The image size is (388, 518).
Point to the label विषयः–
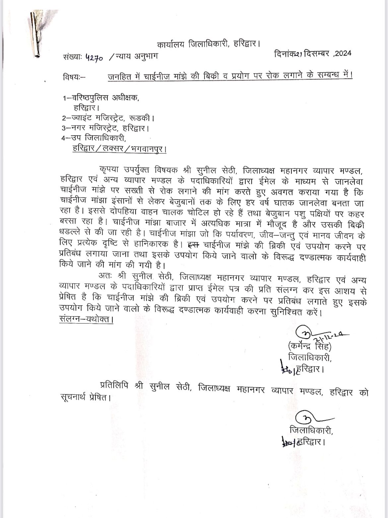(73, 78)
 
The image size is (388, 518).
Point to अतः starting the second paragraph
(104, 276)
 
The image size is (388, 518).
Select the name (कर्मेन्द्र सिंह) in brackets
(310, 347)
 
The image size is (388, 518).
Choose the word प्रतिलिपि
(115, 386)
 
